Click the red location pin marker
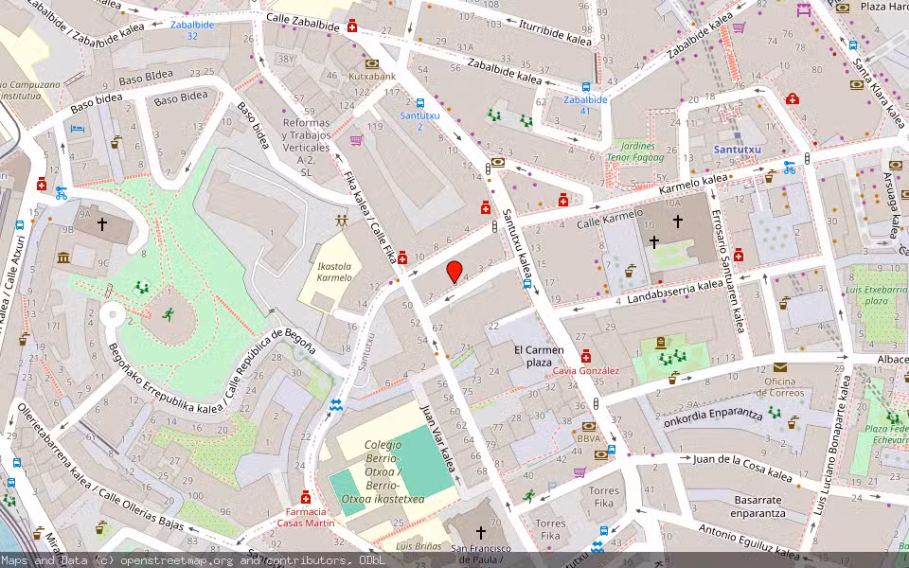coord(454,272)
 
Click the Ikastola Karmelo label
coord(333,272)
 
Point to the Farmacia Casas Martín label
coord(305,517)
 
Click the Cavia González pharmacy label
coord(586,370)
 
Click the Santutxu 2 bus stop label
coord(411,120)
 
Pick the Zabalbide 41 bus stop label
coord(584,104)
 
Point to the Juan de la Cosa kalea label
coord(742,467)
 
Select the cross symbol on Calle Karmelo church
coord(677,221)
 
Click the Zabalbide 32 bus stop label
coord(191,29)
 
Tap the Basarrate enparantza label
coord(757,506)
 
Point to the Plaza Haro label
coord(883,7)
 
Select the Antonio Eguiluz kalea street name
coord(748,541)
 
